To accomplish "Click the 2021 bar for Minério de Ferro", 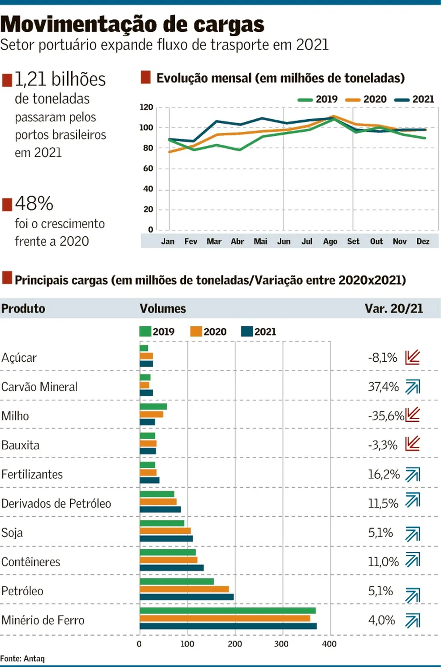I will point(228,626).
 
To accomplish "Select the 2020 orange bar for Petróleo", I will point(184,589).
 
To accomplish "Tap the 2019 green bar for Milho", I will point(153,407).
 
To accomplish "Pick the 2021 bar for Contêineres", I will point(172,568).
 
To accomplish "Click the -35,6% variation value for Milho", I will point(386,416).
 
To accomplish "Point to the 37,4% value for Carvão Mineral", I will point(383,387).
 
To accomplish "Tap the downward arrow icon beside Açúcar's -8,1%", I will point(412,357).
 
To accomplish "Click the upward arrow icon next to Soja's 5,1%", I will point(413,534).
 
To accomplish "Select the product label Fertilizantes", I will point(32,474).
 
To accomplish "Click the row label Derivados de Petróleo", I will point(56,503).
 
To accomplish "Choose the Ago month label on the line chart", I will point(330,242).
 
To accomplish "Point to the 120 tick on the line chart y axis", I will point(147,107).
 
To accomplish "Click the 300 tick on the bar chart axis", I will point(281,644).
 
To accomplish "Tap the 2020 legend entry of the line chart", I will point(366,99).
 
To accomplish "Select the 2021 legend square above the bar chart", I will point(247,331).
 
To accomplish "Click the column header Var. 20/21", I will point(393,308).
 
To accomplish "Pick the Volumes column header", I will point(163,308).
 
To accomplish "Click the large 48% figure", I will point(34,204).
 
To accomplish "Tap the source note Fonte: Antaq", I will point(22,658).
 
